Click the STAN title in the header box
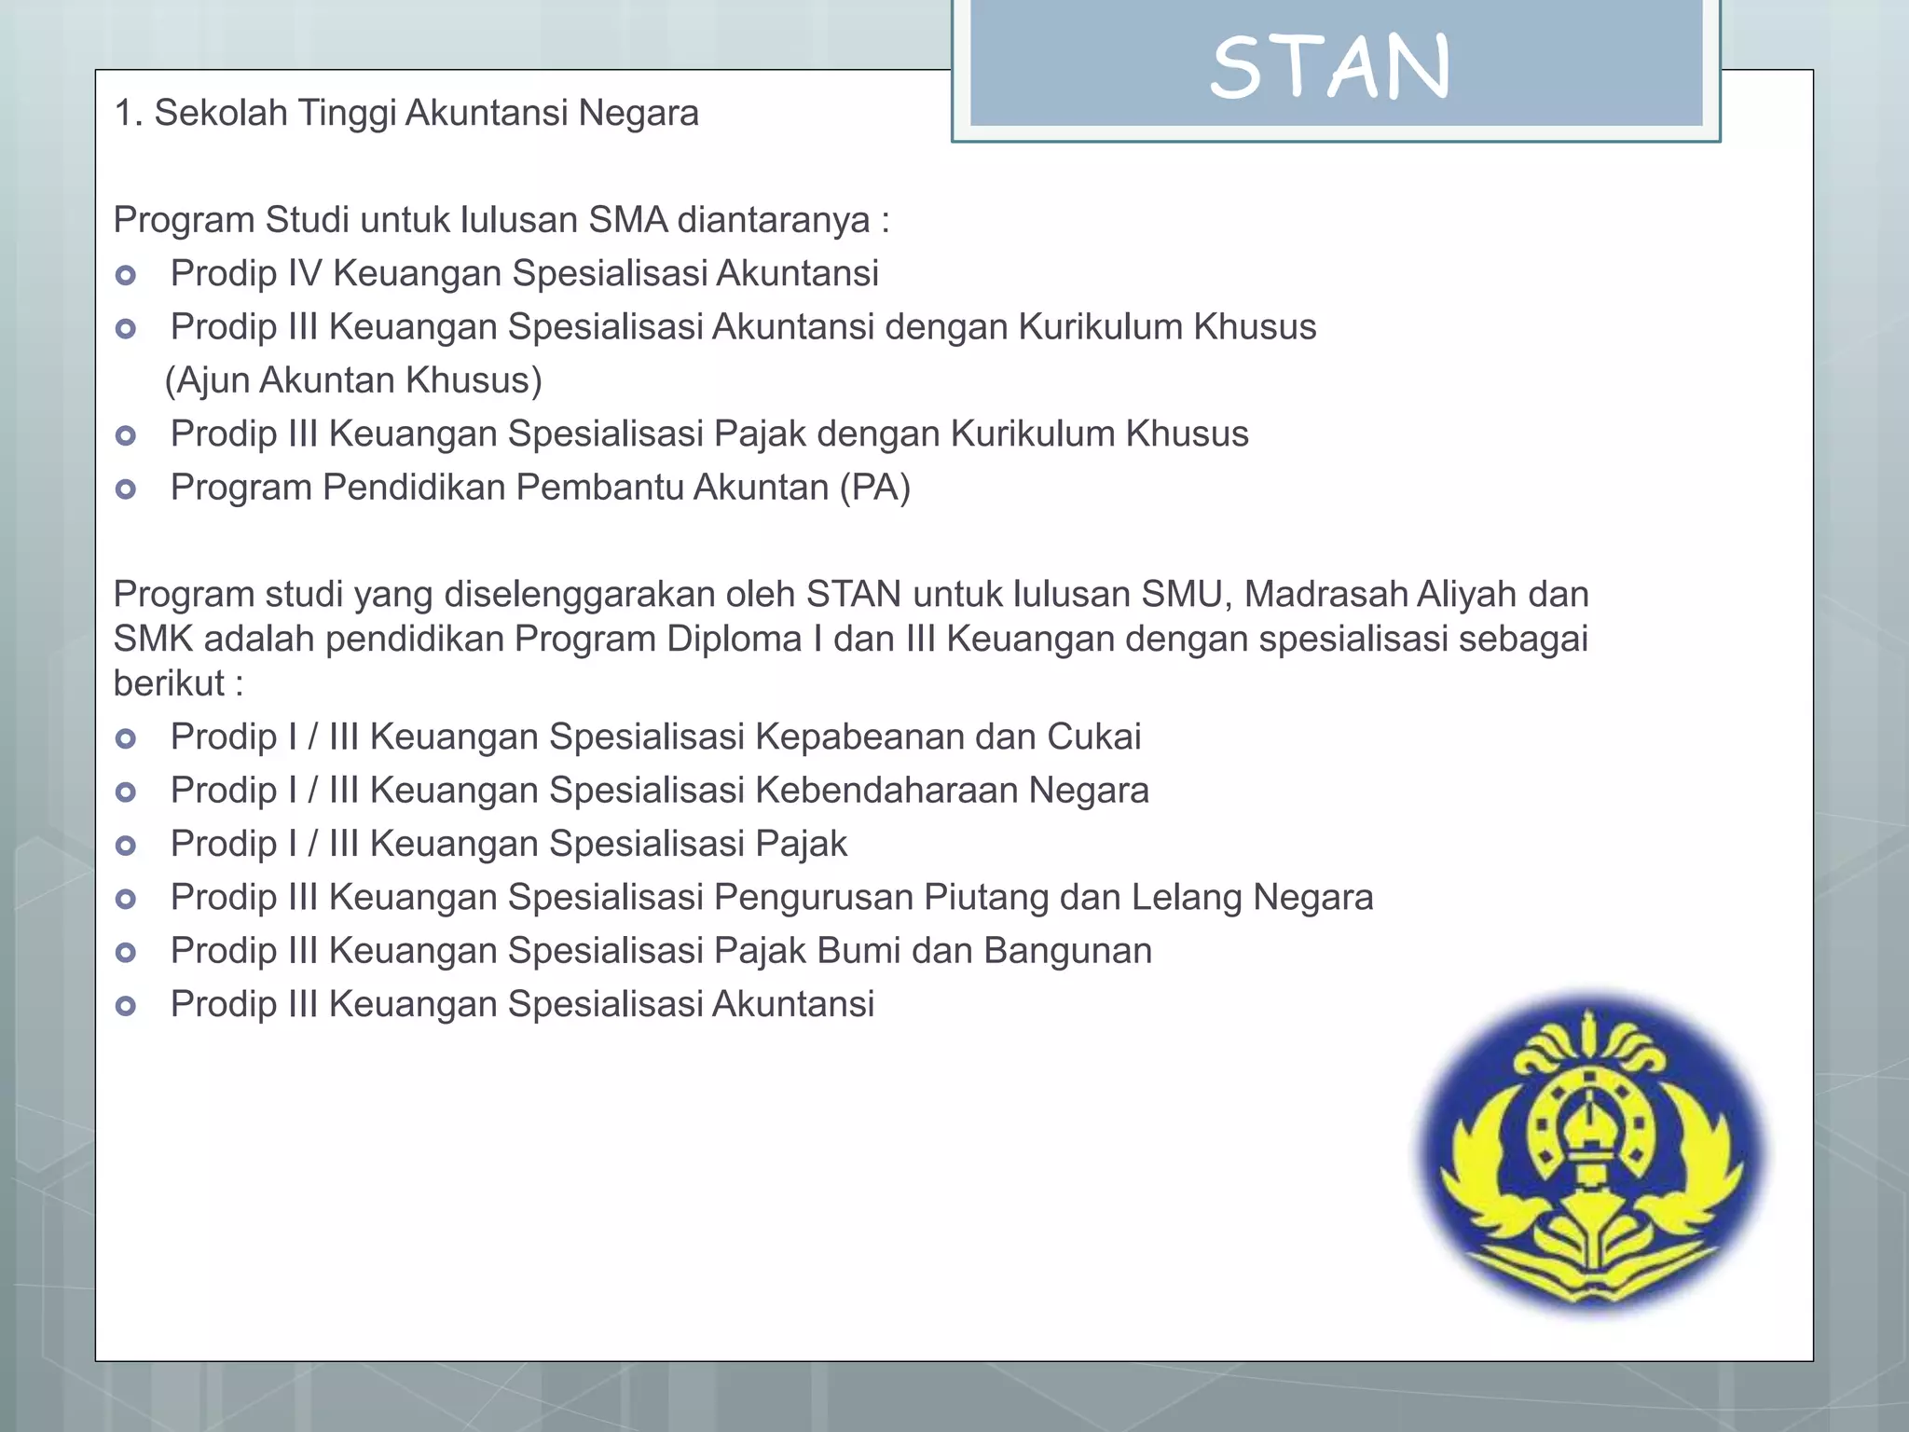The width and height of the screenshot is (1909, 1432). (1330, 67)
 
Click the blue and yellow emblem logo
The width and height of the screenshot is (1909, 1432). (1593, 1153)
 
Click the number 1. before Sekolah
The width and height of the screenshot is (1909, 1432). (128, 114)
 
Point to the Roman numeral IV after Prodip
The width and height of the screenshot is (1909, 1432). (304, 274)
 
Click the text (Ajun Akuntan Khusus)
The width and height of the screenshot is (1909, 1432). (353, 381)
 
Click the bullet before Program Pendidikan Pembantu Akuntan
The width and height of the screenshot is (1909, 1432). (126, 489)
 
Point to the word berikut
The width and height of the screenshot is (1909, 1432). (169, 684)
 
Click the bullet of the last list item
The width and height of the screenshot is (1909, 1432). (126, 1006)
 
